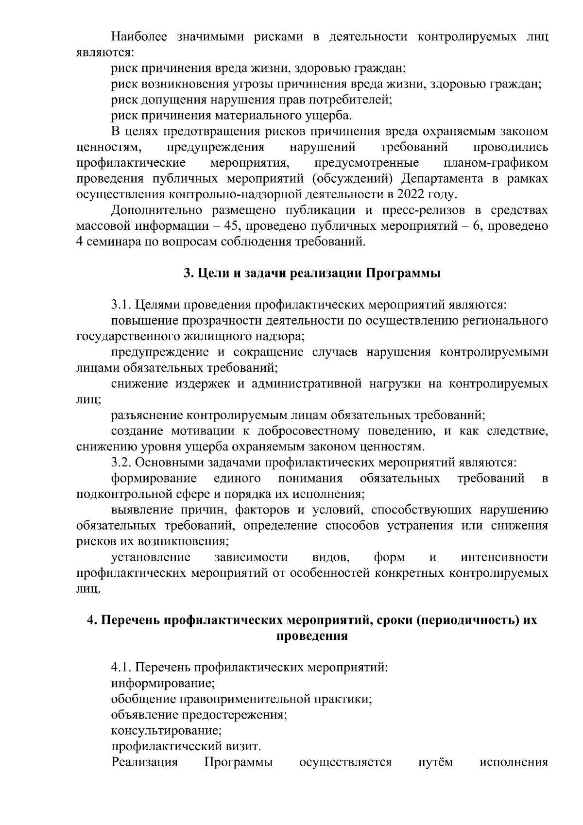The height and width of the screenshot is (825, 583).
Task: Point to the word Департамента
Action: coord(442,179)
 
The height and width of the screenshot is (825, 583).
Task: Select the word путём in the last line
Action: coord(436,762)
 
